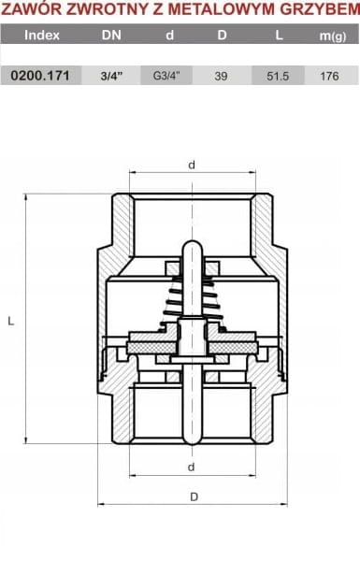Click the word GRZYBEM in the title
320,9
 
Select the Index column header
42,36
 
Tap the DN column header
111,36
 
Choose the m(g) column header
333,36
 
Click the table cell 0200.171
40,76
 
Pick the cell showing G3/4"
166,76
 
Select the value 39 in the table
221,77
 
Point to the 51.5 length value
278,77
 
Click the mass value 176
329,77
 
